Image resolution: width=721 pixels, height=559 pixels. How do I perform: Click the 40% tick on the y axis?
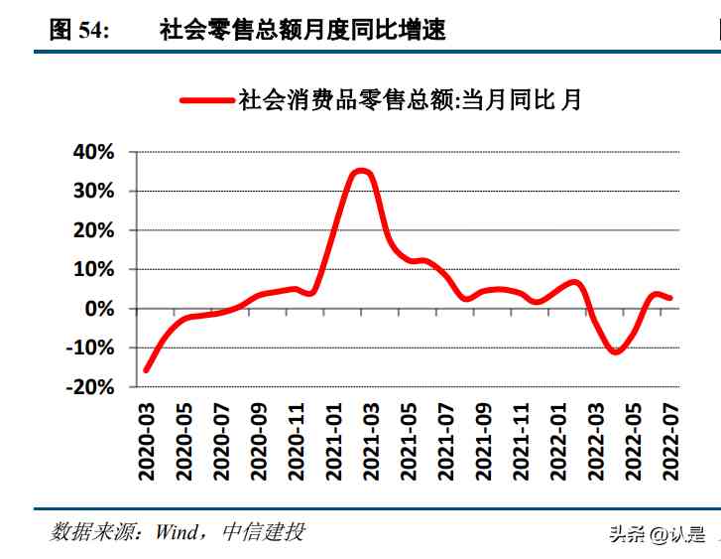click(94, 152)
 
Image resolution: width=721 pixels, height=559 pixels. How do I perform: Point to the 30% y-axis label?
click(94, 191)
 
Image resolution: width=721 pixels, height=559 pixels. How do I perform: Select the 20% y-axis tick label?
click(94, 230)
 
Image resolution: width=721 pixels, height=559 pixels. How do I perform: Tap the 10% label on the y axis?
click(94, 269)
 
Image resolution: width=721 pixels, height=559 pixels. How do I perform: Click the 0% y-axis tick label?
click(100, 309)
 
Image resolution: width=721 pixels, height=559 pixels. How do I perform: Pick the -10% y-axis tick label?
click(90, 348)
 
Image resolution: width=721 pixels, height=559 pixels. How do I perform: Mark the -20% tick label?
click(90, 387)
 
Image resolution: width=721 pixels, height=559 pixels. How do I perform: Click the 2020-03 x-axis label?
click(148, 441)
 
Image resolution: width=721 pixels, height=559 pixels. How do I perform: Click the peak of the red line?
click(362, 171)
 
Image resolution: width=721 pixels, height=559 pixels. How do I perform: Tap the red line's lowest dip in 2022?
click(616, 351)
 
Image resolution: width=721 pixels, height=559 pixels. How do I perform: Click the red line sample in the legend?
click(206, 99)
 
